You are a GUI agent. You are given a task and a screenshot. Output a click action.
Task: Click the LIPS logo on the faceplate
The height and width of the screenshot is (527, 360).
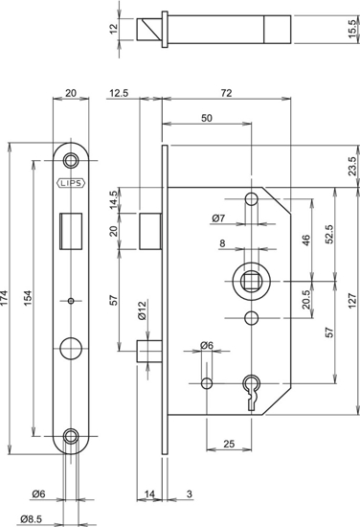click(73, 181)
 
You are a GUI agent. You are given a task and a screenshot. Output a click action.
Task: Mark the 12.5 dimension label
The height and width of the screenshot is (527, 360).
click(121, 92)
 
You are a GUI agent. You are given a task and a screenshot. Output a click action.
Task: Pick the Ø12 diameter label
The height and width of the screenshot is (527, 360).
click(140, 310)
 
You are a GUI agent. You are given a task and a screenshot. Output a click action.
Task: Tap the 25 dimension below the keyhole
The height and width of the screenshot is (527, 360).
click(229, 443)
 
